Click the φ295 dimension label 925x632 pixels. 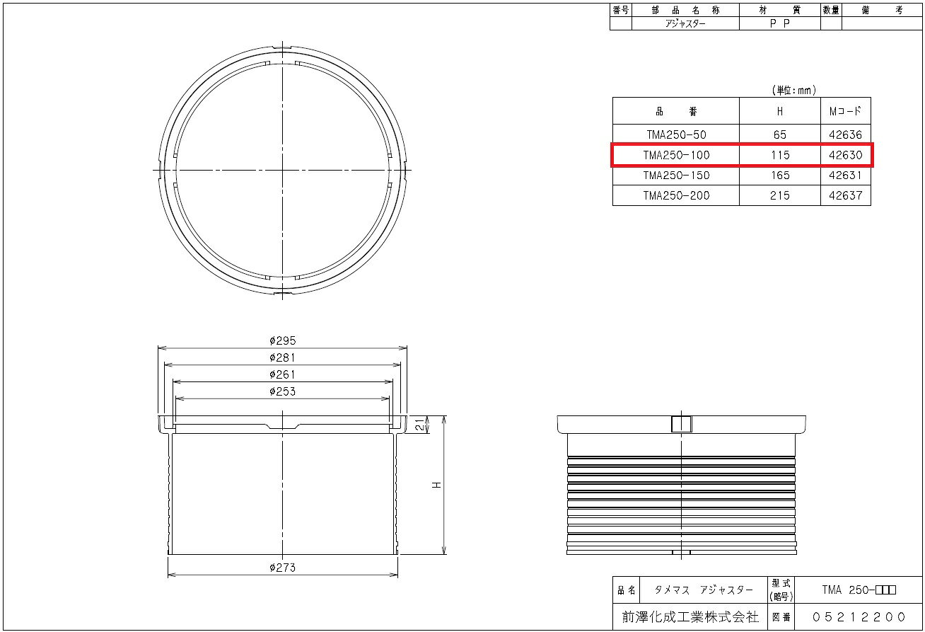click(x=283, y=340)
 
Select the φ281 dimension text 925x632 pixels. click(x=283, y=357)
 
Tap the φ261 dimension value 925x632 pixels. click(x=283, y=374)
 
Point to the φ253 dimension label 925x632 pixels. click(x=283, y=391)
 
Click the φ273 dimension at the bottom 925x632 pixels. click(x=283, y=568)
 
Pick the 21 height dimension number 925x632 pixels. click(x=419, y=425)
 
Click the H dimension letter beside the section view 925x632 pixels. click(x=436, y=485)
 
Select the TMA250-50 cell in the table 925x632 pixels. click(x=676, y=134)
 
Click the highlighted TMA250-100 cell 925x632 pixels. click(x=676, y=155)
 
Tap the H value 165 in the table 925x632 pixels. click(x=780, y=176)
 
